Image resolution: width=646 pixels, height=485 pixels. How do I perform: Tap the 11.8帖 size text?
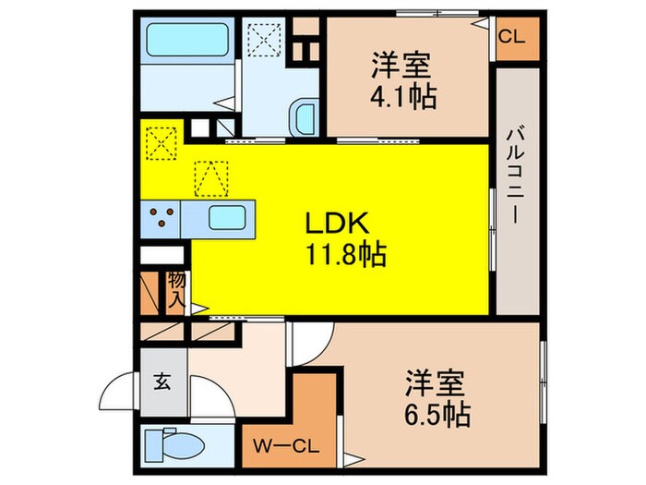tap(341, 251)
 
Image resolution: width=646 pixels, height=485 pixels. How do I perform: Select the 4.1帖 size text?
tap(403, 95)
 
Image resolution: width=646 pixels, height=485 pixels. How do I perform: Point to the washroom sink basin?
tap(304, 117)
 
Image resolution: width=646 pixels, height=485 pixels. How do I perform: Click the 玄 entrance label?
tap(161, 381)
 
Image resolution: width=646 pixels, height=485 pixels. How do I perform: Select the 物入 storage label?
tap(175, 288)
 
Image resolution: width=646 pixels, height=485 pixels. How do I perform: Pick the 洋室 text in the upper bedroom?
tap(403, 67)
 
